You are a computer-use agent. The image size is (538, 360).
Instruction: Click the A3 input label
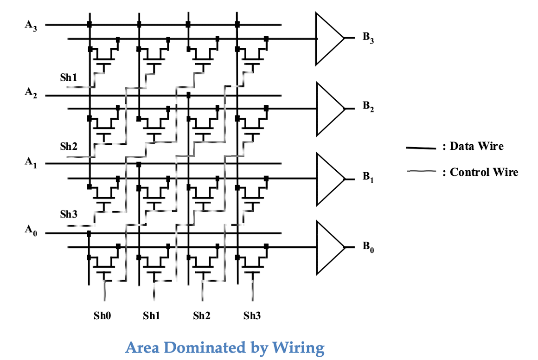[x=31, y=26]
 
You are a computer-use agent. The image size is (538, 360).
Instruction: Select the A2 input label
[x=31, y=93]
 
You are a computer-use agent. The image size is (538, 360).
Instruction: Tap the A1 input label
[x=31, y=162]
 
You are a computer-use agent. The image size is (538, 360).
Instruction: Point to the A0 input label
[x=31, y=230]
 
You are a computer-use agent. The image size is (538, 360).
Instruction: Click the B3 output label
[x=368, y=38]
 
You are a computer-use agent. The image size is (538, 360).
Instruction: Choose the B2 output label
[x=368, y=106]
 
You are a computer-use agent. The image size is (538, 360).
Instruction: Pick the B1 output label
[x=368, y=177]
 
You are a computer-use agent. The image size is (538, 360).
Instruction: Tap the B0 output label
[x=368, y=247]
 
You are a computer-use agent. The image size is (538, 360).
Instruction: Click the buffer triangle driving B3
[x=330, y=39]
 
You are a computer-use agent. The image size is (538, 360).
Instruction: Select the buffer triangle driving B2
[x=330, y=109]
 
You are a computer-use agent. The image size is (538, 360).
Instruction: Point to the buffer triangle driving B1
[x=330, y=179]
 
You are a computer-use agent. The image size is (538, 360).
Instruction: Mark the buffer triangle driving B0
[x=330, y=247]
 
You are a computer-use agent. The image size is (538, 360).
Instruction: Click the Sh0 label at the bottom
[x=102, y=315]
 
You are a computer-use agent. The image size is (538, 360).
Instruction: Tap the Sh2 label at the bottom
[x=202, y=315]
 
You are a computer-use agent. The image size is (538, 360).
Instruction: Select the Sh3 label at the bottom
[x=252, y=315]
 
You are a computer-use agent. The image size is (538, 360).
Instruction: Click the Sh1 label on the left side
[x=69, y=77]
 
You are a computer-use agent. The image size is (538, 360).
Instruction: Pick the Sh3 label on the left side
[x=69, y=214]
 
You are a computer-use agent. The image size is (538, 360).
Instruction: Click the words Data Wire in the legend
[x=477, y=146]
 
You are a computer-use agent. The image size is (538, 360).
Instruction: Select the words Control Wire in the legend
[x=484, y=172]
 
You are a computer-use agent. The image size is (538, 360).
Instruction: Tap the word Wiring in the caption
[x=298, y=348]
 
